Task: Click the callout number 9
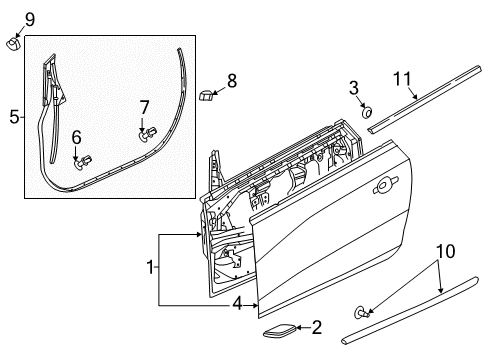point(30,20)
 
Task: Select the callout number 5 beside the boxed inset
point(15,117)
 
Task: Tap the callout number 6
point(77,137)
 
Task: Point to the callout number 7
point(144,108)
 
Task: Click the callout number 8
point(232,81)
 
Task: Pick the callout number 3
point(354,88)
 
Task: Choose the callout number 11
point(402,79)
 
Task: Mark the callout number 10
point(446,251)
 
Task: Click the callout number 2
point(316,327)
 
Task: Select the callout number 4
point(237,304)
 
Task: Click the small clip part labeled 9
point(13,44)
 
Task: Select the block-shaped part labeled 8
point(205,95)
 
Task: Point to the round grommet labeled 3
point(367,112)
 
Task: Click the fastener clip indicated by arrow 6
point(82,162)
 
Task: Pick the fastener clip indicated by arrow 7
point(148,134)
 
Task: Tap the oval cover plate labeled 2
point(280,331)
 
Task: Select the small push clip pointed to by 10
point(361,312)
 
